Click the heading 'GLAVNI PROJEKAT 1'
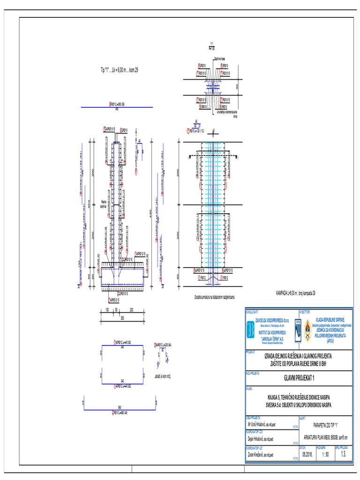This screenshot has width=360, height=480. click(299, 378)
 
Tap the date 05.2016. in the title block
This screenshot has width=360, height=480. click(307, 454)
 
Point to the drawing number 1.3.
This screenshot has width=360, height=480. click(344, 454)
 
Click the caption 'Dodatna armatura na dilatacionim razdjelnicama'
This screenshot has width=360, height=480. click(214, 297)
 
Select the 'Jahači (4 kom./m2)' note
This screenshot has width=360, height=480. click(162, 375)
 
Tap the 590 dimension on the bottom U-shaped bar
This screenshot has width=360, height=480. click(119, 407)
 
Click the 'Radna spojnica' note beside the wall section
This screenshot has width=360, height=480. click(104, 203)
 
